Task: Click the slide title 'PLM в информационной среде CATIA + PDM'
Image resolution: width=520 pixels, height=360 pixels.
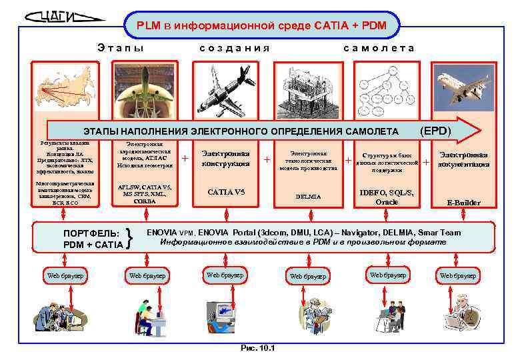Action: (260, 25)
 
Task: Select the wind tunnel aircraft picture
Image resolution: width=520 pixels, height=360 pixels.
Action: (143, 91)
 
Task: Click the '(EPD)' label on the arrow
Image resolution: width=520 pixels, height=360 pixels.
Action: (436, 129)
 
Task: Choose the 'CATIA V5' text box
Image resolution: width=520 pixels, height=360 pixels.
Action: (226, 192)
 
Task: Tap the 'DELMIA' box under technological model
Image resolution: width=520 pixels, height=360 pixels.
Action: (308, 197)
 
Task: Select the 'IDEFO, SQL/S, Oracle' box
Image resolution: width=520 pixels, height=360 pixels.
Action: (387, 197)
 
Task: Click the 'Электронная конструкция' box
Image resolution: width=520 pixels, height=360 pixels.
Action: (226, 159)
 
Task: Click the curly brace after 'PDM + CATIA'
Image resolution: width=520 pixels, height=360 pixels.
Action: (133, 239)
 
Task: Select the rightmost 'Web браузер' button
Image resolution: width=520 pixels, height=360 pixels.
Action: (458, 275)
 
